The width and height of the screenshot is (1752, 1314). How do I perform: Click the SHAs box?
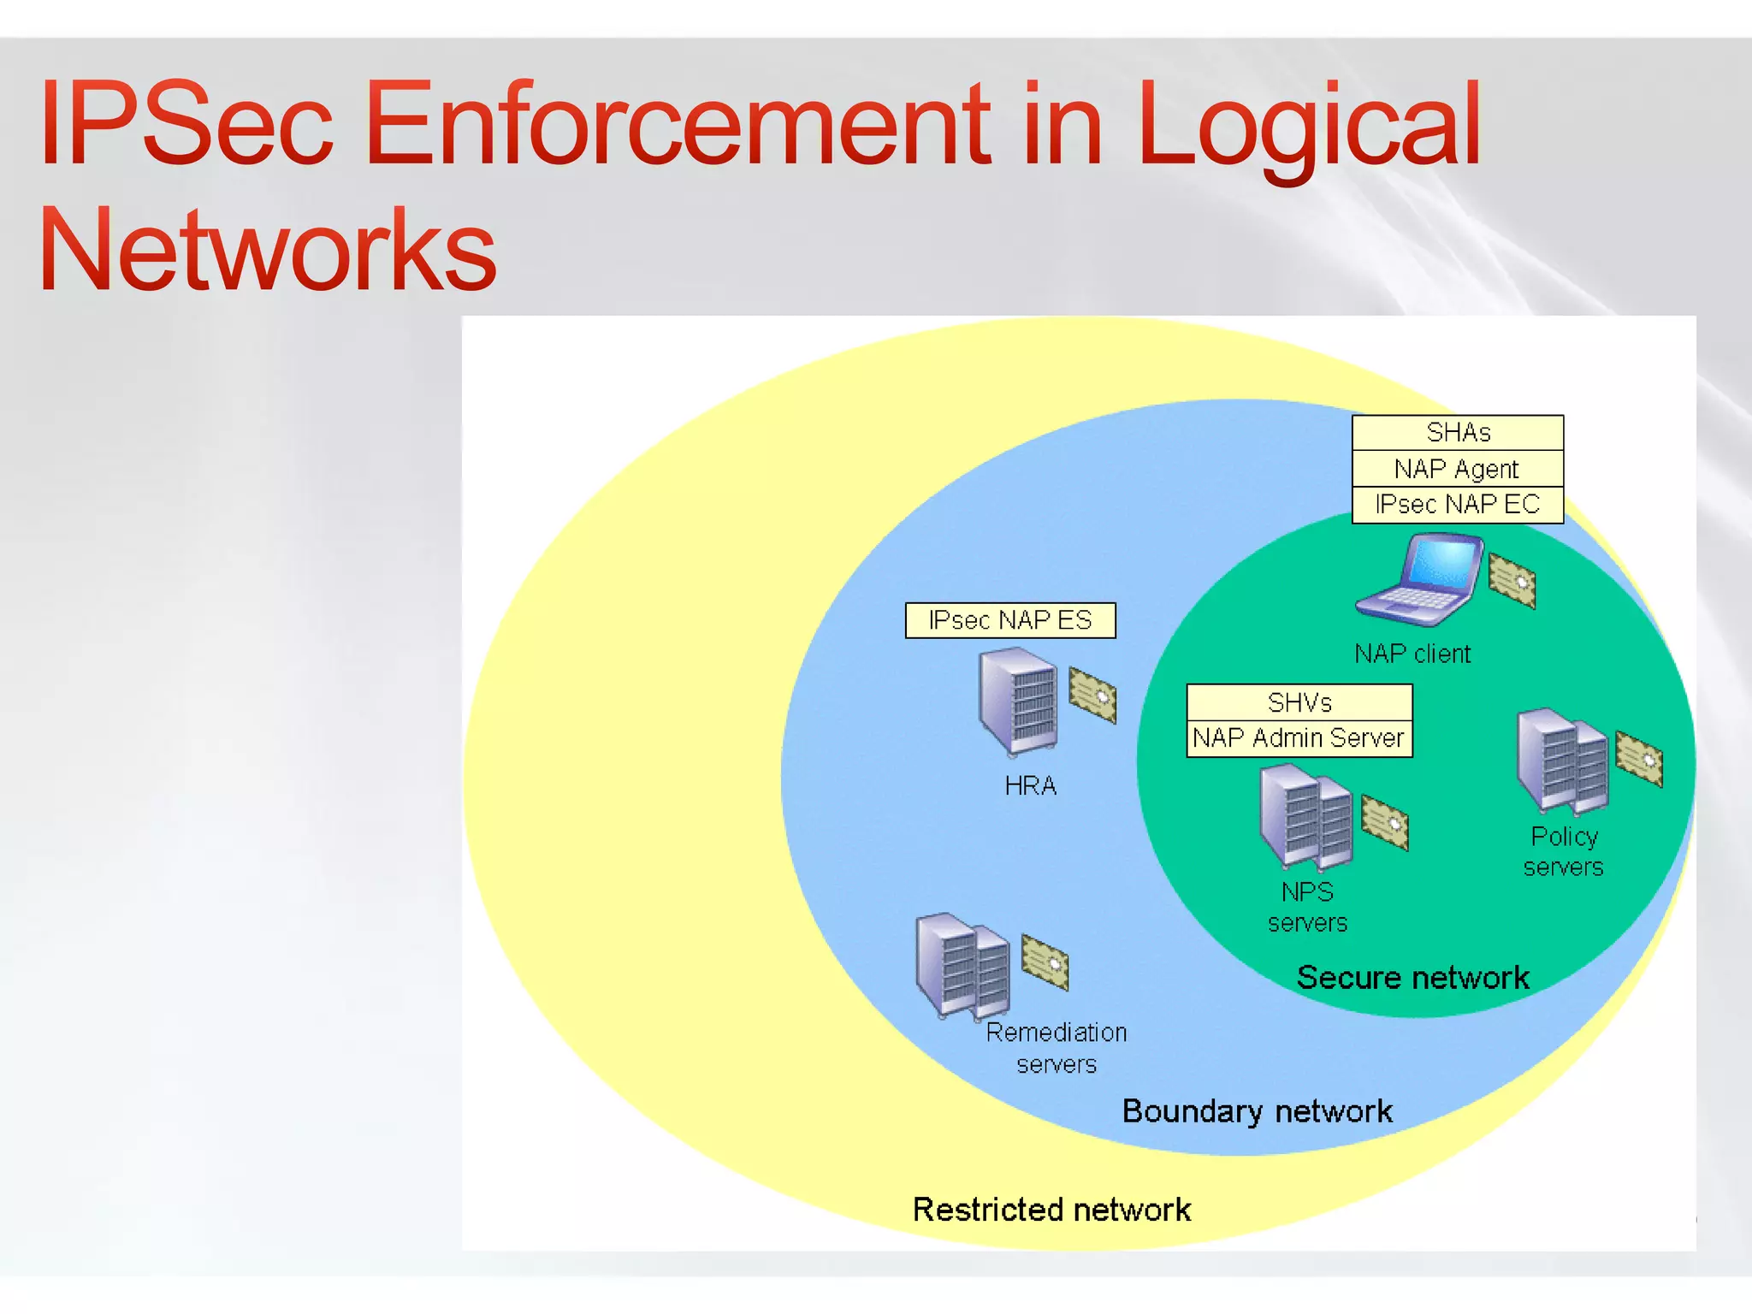[x=1458, y=433]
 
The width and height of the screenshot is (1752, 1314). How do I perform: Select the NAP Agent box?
[x=1458, y=469]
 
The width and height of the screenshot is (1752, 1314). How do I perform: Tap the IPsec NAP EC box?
[x=1458, y=505]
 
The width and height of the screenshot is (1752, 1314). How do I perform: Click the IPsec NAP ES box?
[x=1010, y=620]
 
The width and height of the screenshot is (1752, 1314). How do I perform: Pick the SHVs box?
[x=1299, y=702]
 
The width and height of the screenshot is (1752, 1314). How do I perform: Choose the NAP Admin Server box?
[x=1299, y=738]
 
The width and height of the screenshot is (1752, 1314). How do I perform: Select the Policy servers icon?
[x=1562, y=760]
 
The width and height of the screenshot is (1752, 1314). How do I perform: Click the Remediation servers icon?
[x=962, y=966]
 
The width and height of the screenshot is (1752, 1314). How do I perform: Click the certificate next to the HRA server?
[x=1092, y=695]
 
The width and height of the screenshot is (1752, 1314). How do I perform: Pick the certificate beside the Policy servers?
[x=1639, y=758]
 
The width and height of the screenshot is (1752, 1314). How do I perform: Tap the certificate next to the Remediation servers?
[x=1045, y=962]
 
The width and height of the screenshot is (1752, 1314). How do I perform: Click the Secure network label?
[x=1412, y=977]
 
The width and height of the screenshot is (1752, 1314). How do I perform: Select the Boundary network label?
[x=1257, y=1111]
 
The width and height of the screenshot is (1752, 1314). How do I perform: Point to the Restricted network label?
[x=1051, y=1210]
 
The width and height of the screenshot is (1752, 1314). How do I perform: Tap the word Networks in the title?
[x=267, y=250]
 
